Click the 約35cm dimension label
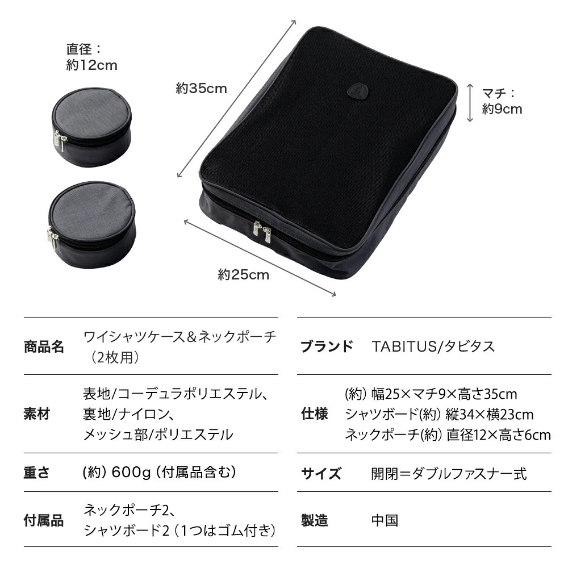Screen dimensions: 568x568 (201, 89)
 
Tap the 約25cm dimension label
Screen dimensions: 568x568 (243, 275)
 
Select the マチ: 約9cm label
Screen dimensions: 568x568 (502, 101)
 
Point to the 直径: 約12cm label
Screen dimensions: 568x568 (91, 57)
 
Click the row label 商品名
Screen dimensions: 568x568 (44, 346)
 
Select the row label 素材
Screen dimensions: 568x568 (37, 414)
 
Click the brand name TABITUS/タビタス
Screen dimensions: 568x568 (433, 346)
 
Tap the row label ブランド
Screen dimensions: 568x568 (327, 346)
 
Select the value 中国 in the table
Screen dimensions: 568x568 (385, 520)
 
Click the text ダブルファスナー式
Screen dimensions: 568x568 (463, 473)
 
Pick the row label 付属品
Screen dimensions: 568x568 (44, 520)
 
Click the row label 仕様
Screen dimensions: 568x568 (314, 414)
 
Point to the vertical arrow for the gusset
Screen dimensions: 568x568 (470, 102)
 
